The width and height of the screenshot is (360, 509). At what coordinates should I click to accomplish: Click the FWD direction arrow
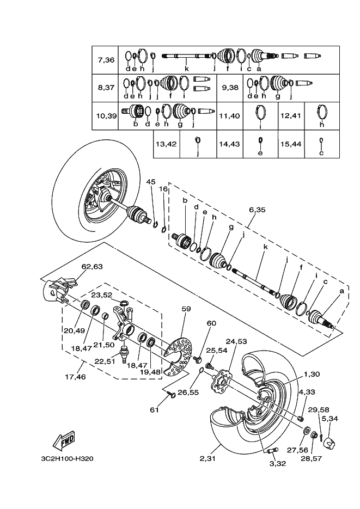pos(64,440)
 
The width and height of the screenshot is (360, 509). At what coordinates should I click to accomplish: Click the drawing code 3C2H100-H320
pos(66,458)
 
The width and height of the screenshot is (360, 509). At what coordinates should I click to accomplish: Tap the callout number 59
pos(186,309)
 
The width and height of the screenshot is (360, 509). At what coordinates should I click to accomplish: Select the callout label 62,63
pos(92,267)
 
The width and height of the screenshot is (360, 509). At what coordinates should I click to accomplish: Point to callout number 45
pos(151,181)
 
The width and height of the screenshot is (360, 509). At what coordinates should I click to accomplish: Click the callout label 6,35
pos(257,208)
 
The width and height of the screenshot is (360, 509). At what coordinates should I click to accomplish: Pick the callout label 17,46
pos(75,376)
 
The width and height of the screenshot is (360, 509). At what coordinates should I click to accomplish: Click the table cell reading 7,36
pos(106,60)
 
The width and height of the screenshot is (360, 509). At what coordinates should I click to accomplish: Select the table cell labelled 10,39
pos(106,116)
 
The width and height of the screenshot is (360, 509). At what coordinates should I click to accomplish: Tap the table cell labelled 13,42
pos(167,144)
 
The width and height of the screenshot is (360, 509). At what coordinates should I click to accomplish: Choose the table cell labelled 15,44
pos(291,144)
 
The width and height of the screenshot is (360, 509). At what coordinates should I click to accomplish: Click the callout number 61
pos(155,409)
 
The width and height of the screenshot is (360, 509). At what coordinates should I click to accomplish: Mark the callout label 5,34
pos(330,419)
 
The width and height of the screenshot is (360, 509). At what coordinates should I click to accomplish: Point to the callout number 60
pos(211,323)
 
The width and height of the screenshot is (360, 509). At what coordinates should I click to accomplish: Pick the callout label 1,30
pos(313,374)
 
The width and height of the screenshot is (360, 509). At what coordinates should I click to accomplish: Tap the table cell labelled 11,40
pos(229,116)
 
